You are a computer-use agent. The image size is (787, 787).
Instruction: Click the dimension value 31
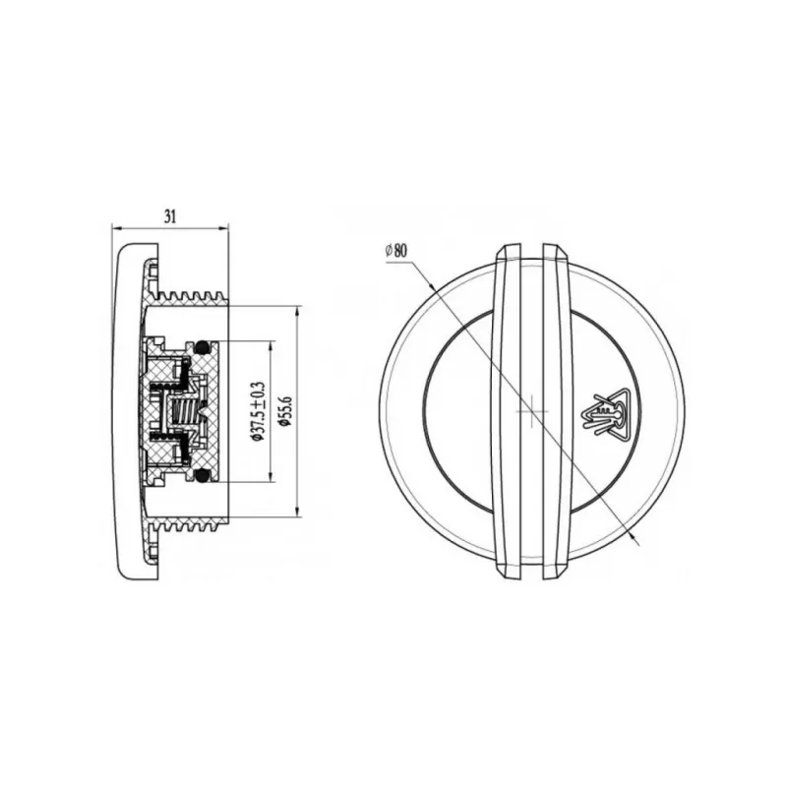tap(170, 216)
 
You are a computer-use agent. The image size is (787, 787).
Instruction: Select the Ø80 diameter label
tap(396, 250)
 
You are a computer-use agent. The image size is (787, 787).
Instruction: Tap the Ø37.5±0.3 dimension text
tap(258, 411)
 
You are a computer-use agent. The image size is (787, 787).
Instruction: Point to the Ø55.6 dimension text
tap(286, 411)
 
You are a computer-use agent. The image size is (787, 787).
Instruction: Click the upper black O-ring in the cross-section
tap(202, 345)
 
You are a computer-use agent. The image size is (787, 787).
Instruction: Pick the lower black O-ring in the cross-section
tap(202, 475)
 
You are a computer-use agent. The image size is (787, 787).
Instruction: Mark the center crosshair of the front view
tap(532, 411)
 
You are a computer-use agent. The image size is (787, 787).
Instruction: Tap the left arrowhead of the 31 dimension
tap(116, 229)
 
